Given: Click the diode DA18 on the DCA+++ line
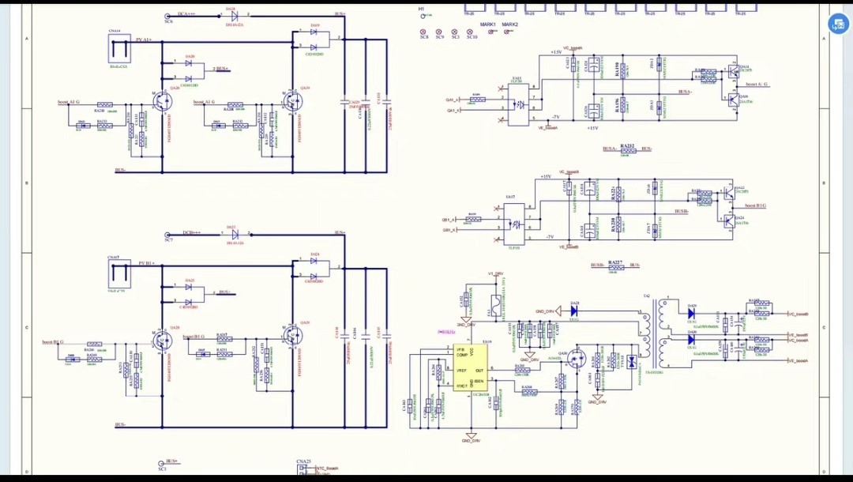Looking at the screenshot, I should click(x=234, y=15).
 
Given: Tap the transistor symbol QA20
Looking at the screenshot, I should click(x=163, y=101).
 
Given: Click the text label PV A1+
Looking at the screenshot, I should click(x=145, y=39).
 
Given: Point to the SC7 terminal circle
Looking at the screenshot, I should click(x=167, y=235).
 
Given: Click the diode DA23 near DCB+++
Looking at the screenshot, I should click(x=234, y=234).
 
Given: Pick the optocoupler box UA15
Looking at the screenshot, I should click(x=518, y=104).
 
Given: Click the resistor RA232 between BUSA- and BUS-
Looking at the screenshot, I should click(x=628, y=150).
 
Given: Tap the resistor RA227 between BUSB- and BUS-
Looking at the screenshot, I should click(x=616, y=267).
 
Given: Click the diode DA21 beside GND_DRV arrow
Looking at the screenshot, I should click(x=575, y=311).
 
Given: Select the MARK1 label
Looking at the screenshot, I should click(x=488, y=24).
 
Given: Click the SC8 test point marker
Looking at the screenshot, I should click(x=424, y=32).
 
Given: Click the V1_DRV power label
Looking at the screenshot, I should click(x=495, y=273).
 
